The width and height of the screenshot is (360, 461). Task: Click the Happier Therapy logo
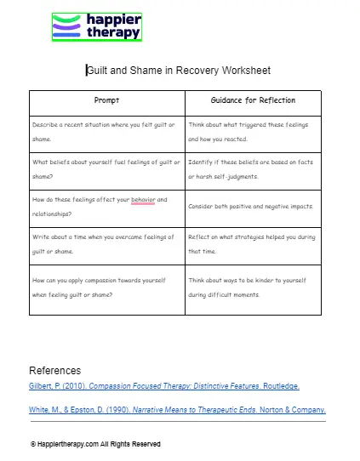click(x=95, y=27)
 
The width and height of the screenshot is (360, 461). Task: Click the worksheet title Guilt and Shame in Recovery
click(x=179, y=71)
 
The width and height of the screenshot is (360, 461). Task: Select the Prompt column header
click(x=106, y=100)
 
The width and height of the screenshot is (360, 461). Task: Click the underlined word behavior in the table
click(x=143, y=201)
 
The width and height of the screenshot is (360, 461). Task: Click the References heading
click(x=55, y=371)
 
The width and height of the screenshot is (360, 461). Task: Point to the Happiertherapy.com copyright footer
click(x=95, y=444)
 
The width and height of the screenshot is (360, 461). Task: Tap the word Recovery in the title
click(x=214, y=71)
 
